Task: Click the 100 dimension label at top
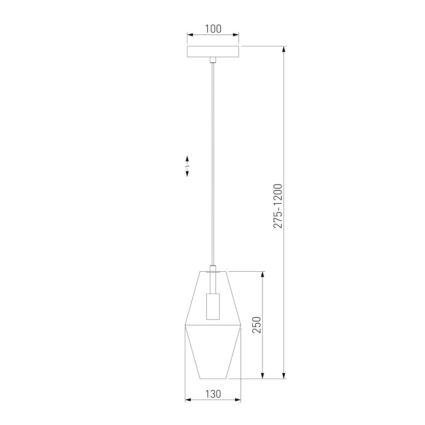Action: click(213, 29)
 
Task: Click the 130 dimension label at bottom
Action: click(213, 394)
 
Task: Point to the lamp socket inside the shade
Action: click(212, 306)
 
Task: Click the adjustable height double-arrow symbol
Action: click(187, 166)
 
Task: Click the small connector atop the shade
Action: click(212, 269)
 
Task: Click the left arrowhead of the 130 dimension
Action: click(188, 400)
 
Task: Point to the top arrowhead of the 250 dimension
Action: click(262, 274)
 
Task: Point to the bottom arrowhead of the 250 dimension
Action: click(262, 376)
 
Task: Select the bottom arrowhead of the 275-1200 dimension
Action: click(284, 376)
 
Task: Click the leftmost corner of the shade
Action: click(185, 325)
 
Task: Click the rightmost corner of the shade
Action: click(241, 325)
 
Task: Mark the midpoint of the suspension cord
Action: click(212, 165)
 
